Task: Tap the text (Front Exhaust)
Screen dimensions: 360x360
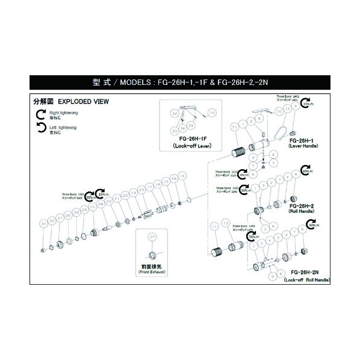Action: [152, 273]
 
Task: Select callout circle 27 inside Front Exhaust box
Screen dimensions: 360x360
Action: [152, 237]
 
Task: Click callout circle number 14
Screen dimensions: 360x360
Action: [174, 179]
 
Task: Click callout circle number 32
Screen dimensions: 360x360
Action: [174, 113]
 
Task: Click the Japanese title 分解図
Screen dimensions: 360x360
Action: [43, 102]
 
